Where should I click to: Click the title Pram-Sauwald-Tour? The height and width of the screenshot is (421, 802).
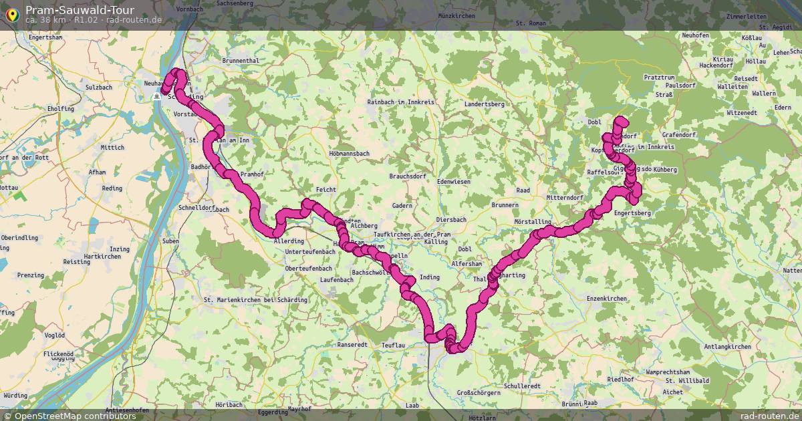tap(80, 9)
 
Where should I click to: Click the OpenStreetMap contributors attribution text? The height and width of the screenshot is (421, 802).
tap(75, 416)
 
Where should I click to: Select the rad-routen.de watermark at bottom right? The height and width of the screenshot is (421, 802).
tap(769, 416)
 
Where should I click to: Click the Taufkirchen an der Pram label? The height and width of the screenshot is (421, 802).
tap(413, 235)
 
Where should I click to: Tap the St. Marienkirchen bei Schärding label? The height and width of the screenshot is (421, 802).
tap(255, 300)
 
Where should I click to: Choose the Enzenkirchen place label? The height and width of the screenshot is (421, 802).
tap(606, 298)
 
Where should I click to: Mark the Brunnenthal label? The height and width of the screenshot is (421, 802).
tap(240, 61)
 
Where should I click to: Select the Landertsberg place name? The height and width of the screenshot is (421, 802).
tap(484, 104)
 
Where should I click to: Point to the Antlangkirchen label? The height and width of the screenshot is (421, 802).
tap(727, 347)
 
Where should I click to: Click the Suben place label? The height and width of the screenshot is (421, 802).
tap(170, 241)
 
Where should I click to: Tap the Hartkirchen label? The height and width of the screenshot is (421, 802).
tap(103, 257)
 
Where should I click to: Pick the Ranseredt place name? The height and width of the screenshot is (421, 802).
tap(353, 345)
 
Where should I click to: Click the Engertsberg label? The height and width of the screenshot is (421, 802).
tap(632, 213)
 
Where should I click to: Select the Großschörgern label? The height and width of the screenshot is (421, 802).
tap(478, 392)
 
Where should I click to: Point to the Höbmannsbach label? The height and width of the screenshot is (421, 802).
tap(350, 154)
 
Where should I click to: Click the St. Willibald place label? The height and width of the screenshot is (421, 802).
tap(686, 380)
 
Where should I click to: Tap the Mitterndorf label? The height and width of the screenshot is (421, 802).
tap(565, 198)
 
